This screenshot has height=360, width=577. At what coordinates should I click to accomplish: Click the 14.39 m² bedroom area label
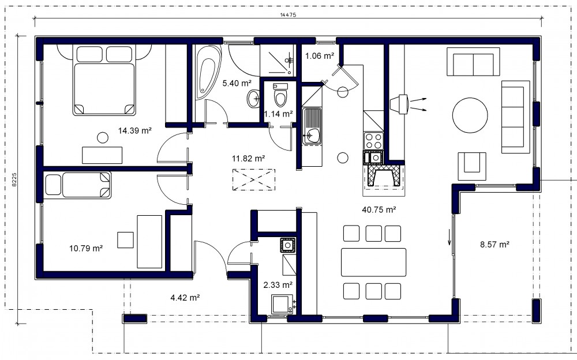coord(134,130)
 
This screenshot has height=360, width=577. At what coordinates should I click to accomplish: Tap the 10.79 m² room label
coord(86,249)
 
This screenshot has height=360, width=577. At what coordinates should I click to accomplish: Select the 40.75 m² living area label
coord(379,210)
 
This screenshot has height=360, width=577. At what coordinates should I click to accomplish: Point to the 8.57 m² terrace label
coord(494,245)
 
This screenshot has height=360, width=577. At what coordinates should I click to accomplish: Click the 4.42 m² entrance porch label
coord(185,298)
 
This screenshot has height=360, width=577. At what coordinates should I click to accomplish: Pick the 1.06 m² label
coord(320,56)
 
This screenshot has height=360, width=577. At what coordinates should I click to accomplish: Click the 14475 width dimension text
coord(288,15)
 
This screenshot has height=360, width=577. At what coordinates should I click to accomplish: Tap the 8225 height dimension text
coord(14,180)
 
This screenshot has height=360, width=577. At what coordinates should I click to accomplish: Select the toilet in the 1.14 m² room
coord(280,95)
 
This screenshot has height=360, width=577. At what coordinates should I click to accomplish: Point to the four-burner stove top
coord(373,141)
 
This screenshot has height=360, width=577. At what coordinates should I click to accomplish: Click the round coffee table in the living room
coord(470,115)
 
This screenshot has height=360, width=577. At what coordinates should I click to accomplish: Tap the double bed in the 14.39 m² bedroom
coord(104,80)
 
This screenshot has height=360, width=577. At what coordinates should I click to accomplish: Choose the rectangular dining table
coord(373,262)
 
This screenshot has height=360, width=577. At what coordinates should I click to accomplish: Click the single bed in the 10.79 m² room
coord(78,186)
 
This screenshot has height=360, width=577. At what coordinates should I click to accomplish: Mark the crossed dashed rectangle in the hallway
coord(253,179)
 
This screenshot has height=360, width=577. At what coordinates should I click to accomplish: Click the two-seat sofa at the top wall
coord(473,62)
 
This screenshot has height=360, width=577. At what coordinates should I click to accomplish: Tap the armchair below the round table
coord(472,166)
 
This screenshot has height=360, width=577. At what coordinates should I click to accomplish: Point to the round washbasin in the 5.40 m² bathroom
coord(253,99)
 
